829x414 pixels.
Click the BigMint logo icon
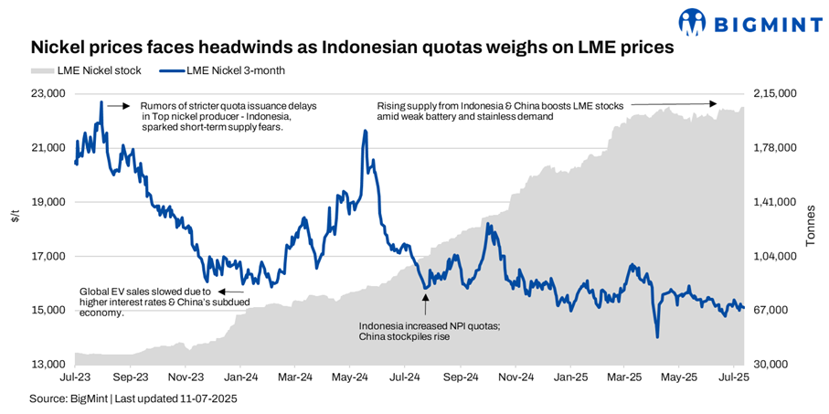point(694,20)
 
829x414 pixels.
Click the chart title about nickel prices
point(352,48)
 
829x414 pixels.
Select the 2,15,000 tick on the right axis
point(774,93)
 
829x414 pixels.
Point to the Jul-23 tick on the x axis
point(75,376)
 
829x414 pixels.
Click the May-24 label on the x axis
point(350,376)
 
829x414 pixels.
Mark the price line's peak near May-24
point(366,131)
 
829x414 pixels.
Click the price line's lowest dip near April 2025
point(657,337)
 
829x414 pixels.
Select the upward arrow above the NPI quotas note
point(425,304)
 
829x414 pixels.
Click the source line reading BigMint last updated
point(125,399)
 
